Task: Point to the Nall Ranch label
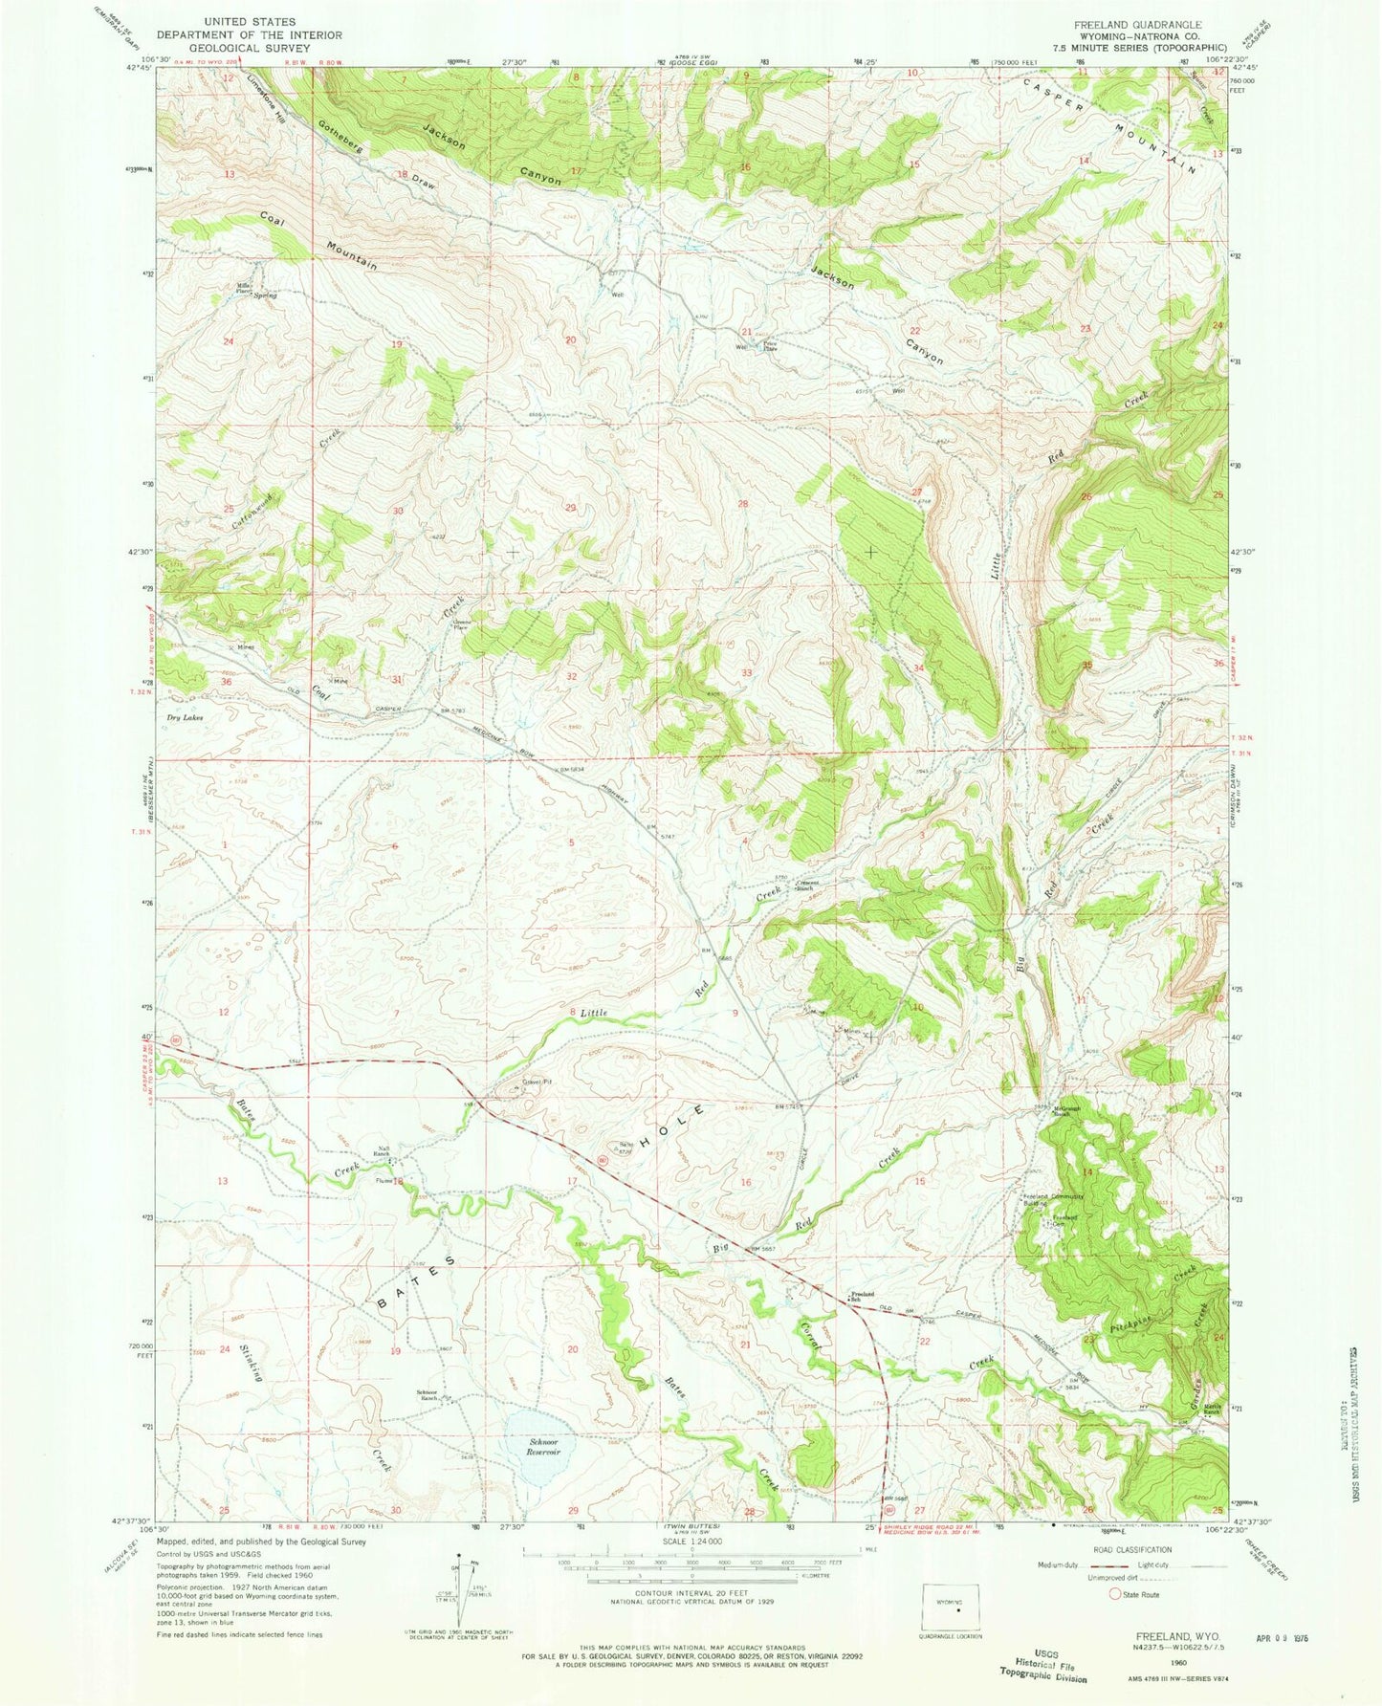point(381,1155)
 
